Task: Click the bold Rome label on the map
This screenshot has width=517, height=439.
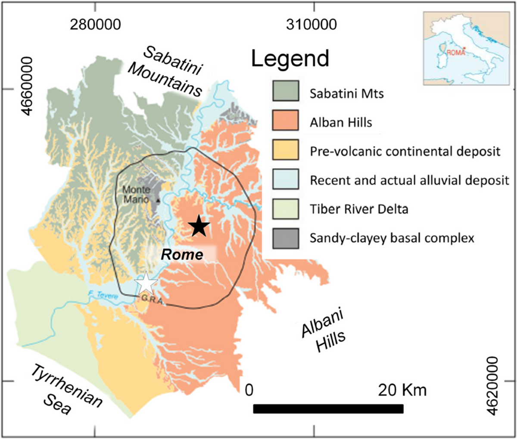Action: point(182,254)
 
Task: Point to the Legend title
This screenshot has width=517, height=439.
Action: point(290,59)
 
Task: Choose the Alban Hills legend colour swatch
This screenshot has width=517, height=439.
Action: point(285,122)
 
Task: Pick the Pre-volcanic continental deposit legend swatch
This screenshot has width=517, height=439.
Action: point(285,151)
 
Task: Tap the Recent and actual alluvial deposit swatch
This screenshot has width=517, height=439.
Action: point(285,180)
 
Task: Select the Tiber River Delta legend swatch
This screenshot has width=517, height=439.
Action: point(285,209)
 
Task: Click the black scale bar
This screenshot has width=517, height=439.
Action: point(328,408)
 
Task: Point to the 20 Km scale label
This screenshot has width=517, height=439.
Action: point(402,390)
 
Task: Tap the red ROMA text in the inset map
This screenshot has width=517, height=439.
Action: point(456,53)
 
